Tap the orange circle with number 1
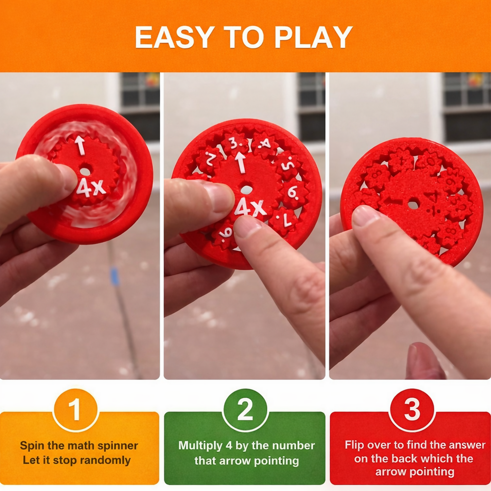click(75, 410)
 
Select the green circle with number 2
click(245, 410)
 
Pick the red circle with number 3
click(412, 410)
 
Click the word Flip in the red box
click(354, 445)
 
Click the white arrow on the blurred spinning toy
click(80, 145)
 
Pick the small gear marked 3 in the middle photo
click(234, 143)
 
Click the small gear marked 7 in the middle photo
click(284, 221)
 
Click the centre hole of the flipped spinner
click(413, 205)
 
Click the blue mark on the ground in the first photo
click(115, 276)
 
